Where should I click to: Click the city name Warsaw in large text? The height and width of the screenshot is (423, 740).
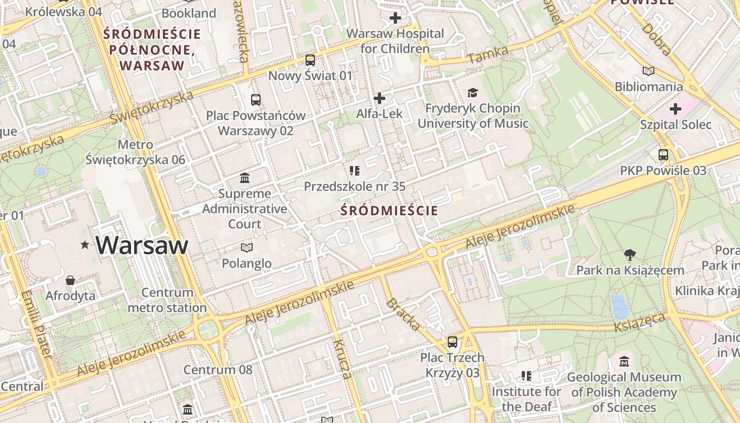(142, 245)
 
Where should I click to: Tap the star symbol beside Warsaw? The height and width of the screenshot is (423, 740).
(85, 245)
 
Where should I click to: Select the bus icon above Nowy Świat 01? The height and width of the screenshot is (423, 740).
(310, 60)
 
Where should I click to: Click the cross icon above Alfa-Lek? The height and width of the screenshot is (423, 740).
(379, 98)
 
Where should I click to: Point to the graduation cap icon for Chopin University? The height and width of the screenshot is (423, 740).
(473, 93)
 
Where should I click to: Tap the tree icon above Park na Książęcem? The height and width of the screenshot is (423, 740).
(630, 255)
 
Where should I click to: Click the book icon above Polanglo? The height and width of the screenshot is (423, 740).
(246, 247)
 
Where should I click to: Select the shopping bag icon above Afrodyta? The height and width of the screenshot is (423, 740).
(70, 280)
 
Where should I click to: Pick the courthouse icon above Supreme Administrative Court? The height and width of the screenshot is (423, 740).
(245, 178)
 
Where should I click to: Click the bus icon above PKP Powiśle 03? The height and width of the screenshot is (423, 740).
(663, 155)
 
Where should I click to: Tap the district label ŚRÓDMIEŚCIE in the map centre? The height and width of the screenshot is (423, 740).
(389, 210)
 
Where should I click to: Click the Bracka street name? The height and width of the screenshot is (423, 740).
(403, 315)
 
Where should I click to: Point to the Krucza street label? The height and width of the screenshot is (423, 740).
(341, 360)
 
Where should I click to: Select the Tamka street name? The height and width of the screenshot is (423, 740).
(488, 55)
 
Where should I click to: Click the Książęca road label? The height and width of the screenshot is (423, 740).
(640, 322)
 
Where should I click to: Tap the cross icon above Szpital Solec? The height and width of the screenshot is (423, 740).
(675, 109)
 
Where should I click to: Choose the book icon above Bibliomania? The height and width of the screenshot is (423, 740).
(649, 71)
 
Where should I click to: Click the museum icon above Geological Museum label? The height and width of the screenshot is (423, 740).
(624, 362)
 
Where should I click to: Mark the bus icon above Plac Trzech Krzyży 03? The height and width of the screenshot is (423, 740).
(452, 342)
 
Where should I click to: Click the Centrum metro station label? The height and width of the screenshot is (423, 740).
(167, 300)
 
